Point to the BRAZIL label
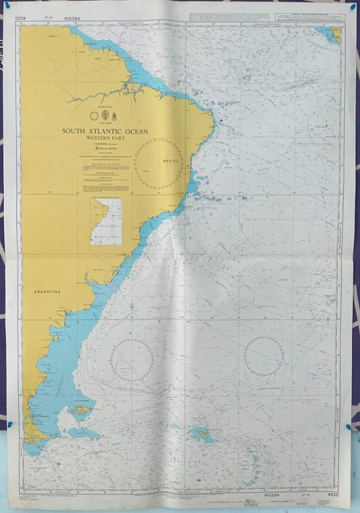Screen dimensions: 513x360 (x=171, y=162)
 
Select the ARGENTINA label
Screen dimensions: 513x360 (x=47, y=293)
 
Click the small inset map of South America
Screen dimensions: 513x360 (x=106, y=221)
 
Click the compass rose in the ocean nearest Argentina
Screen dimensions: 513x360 (x=133, y=360)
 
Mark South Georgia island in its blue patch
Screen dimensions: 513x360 (x=200, y=435)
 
